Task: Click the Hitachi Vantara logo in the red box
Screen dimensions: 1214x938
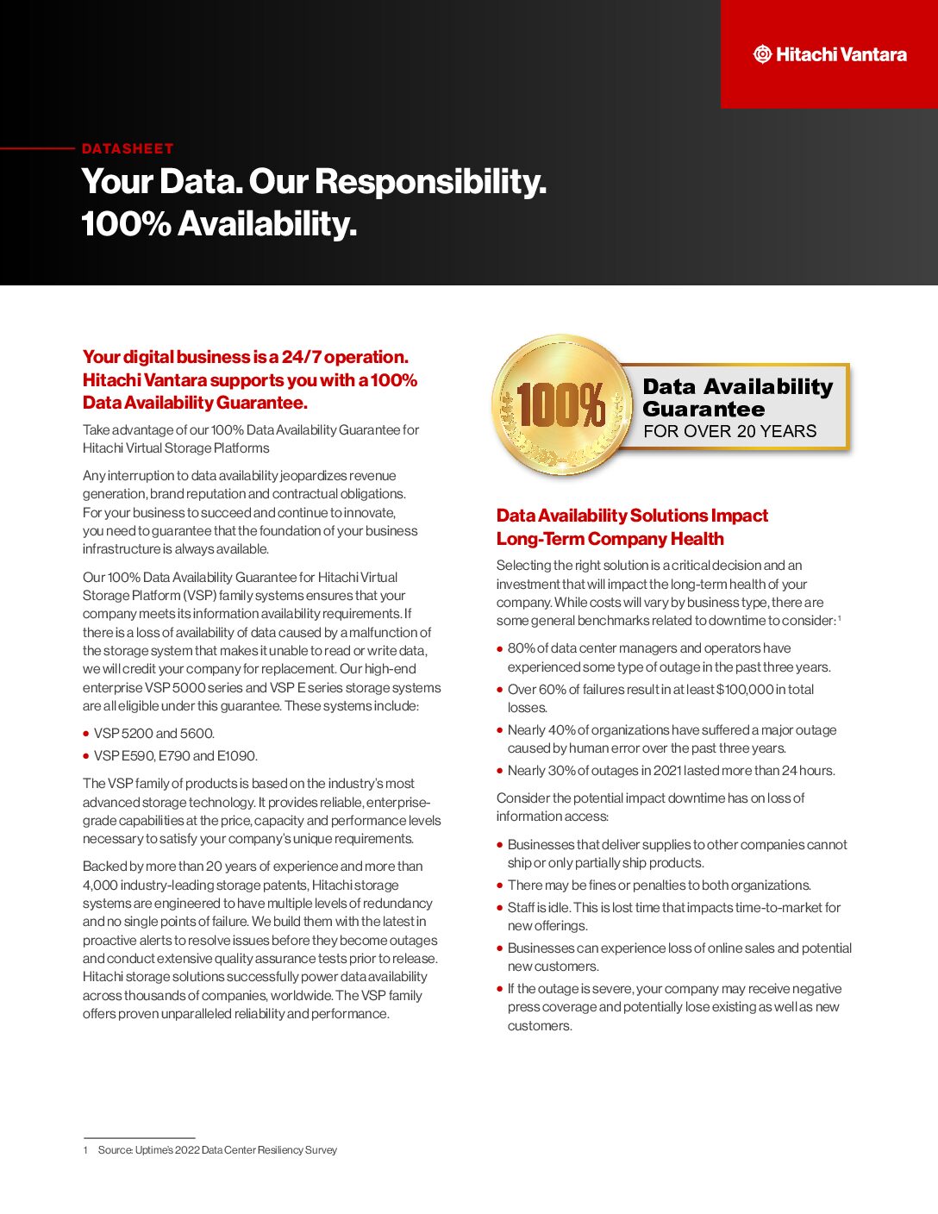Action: coord(829,54)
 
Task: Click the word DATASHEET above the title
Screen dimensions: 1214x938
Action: coord(128,148)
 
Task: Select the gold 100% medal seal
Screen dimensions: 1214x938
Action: coord(561,405)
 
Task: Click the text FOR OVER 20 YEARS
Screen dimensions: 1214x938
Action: coord(729,431)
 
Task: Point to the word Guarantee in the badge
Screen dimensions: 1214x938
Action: coord(703,409)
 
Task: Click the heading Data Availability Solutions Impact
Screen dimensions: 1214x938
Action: coord(632,516)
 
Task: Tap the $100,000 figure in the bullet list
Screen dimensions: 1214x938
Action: coord(745,689)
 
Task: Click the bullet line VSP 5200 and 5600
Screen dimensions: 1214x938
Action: coord(154,734)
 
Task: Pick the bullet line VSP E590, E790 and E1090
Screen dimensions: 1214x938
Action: coord(175,756)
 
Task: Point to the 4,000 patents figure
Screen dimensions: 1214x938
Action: coord(100,885)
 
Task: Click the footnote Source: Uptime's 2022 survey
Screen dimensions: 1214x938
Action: coord(217,1150)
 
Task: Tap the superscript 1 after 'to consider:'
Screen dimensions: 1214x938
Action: coord(840,617)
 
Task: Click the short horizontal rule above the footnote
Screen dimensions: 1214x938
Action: coord(139,1138)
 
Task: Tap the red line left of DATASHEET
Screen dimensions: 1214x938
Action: coord(38,148)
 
